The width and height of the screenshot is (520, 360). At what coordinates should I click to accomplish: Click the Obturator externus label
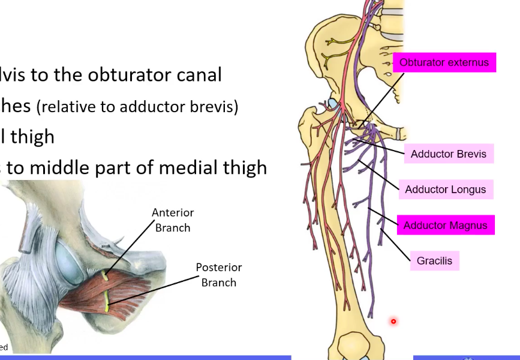coord(444,62)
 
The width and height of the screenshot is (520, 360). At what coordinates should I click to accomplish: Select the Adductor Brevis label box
coord(449,154)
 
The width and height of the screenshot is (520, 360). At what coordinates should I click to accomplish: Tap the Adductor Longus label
coord(445,190)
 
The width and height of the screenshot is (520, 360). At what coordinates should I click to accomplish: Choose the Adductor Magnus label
coord(445,226)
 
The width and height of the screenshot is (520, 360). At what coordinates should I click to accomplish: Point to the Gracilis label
coord(434,261)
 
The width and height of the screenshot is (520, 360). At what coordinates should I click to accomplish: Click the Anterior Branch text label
coord(173,220)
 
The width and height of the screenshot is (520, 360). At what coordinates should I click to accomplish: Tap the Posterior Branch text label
coord(218,275)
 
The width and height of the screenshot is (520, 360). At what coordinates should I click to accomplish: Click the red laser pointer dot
coord(393,322)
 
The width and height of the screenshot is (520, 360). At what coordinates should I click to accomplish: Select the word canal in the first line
coord(198,74)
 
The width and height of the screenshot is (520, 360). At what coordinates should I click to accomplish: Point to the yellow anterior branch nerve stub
coord(106,277)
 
